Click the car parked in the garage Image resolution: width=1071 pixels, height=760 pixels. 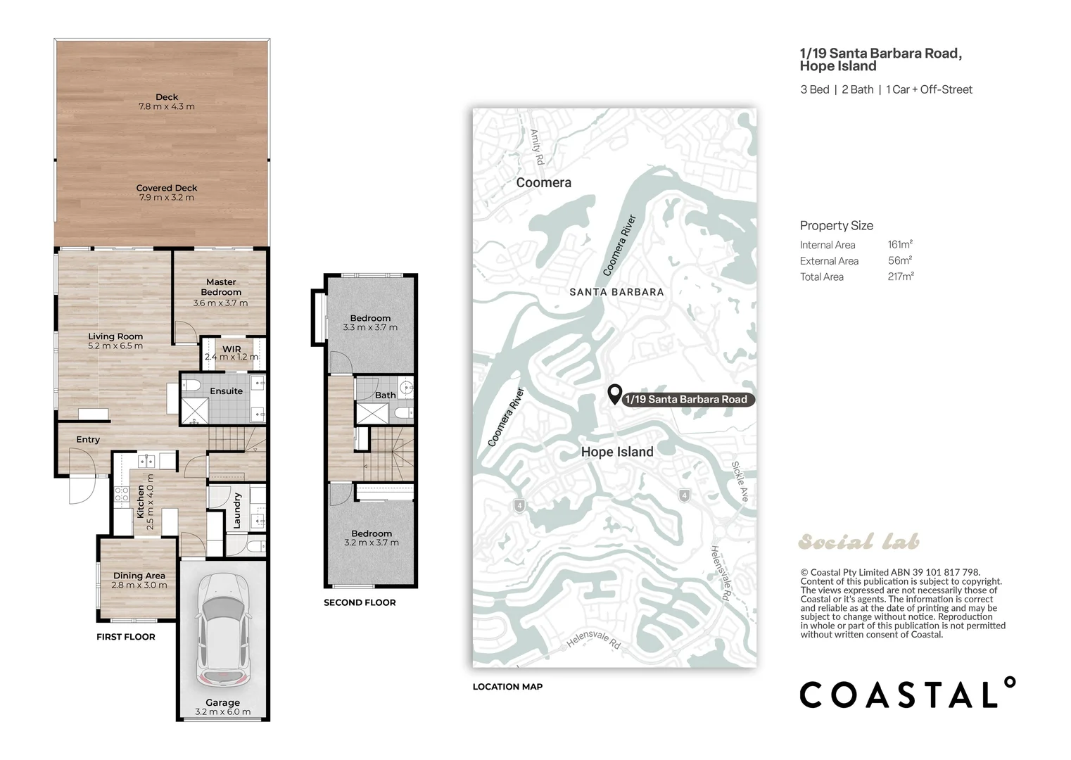[x=223, y=630]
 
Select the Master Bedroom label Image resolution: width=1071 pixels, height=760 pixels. [x=221, y=287]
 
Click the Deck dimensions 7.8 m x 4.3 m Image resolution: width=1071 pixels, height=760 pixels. [x=167, y=107]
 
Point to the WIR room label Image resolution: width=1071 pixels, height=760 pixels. [x=232, y=349]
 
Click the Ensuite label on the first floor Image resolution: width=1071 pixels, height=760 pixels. [x=226, y=391]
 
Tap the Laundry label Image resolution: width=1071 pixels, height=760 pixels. [x=236, y=511]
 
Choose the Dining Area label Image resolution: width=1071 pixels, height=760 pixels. [x=139, y=576]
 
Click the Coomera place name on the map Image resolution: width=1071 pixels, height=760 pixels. [x=544, y=183]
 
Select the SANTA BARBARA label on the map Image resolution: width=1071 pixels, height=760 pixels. [x=617, y=292]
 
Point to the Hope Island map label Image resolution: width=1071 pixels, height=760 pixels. [x=617, y=452]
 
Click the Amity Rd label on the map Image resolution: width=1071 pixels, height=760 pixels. [x=538, y=147]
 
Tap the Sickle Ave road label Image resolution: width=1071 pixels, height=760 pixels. [x=740, y=481]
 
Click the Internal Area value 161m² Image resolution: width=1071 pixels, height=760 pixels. [x=900, y=244]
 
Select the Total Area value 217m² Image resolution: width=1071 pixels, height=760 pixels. [x=901, y=277]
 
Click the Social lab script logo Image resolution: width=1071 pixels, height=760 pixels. [x=858, y=541]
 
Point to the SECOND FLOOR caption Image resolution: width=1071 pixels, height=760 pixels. [x=360, y=602]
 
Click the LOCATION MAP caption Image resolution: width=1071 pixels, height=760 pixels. [x=508, y=687]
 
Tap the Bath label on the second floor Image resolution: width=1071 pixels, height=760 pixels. [x=386, y=395]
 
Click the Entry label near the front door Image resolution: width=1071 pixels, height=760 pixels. [x=88, y=440]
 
